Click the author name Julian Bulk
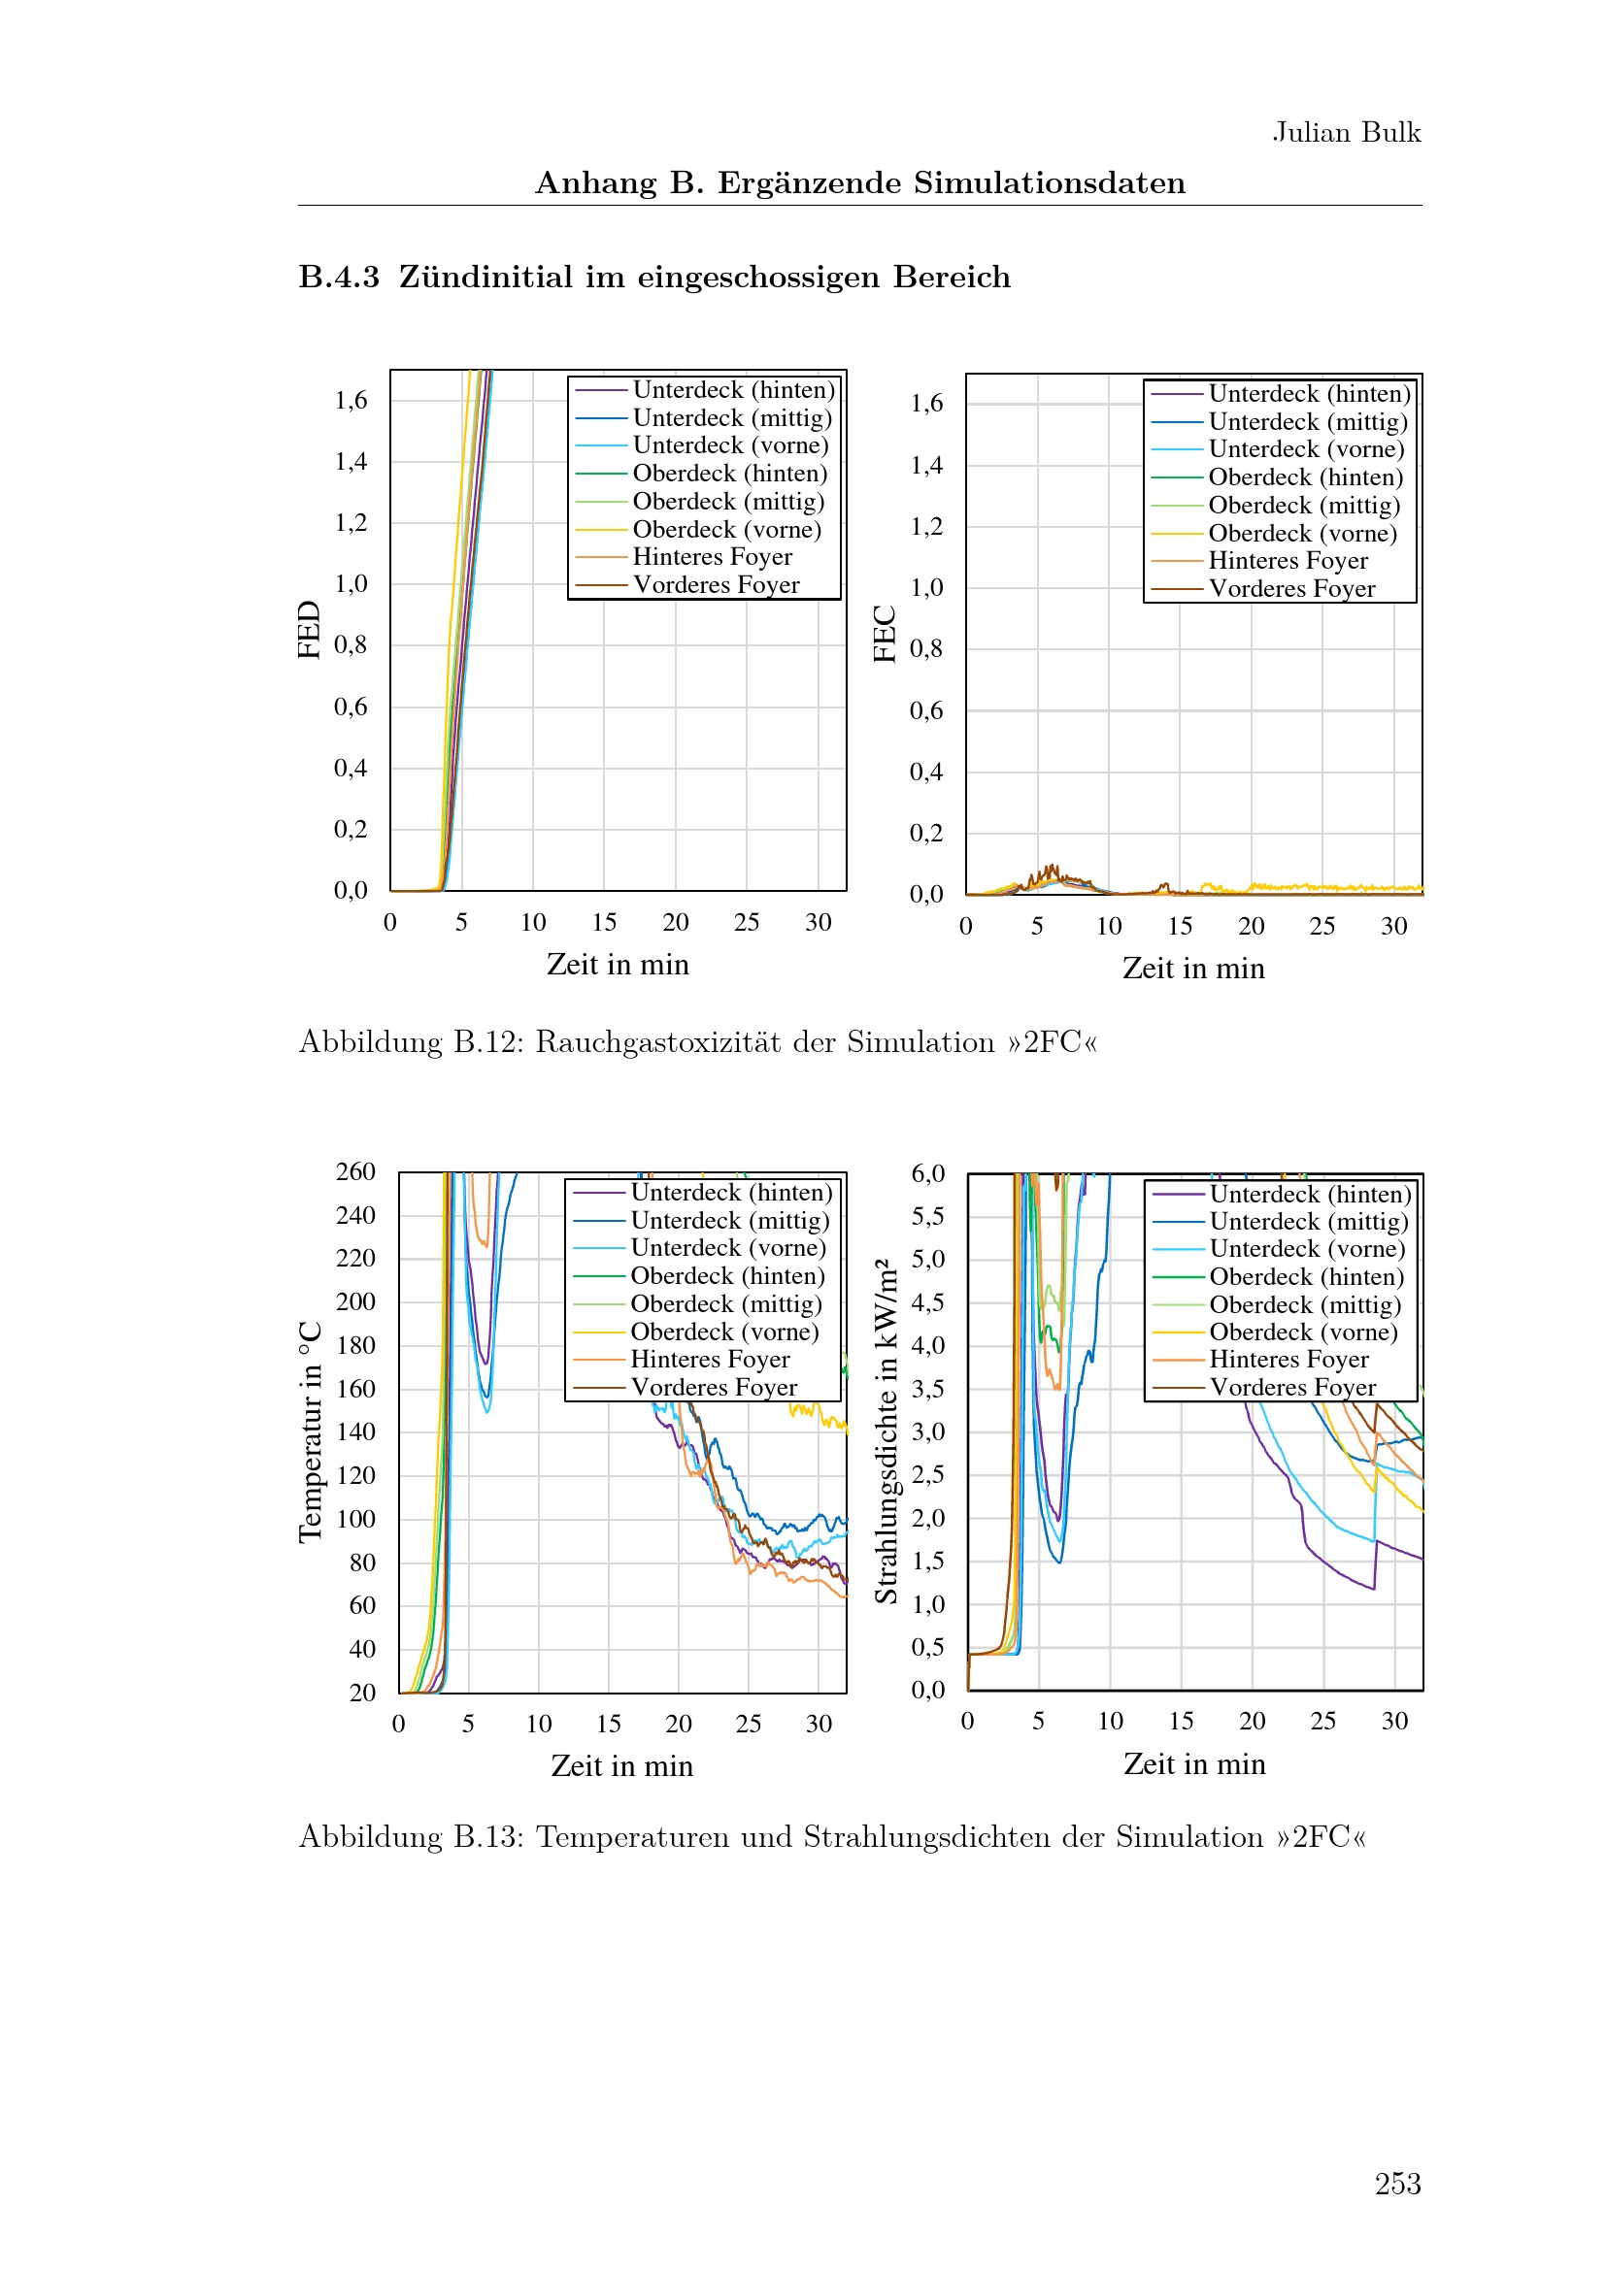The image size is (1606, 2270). click(1346, 133)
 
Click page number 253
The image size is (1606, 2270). click(1397, 2183)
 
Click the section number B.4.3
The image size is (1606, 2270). click(339, 277)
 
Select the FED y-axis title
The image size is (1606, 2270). click(310, 630)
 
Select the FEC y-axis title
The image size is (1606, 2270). click(886, 634)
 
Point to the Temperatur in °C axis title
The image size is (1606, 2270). click(311, 1431)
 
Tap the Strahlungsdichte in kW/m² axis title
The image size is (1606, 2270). click(887, 1431)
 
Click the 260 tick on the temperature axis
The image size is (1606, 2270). click(356, 1171)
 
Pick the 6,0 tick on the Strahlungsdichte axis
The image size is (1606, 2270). click(927, 1173)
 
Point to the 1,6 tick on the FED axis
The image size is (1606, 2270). click(351, 401)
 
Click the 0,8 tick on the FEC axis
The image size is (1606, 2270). click(926, 648)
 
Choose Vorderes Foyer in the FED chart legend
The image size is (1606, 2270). click(716, 585)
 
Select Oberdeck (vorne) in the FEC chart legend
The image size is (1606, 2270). click(1302, 534)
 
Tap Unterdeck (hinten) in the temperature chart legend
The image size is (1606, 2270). click(732, 1193)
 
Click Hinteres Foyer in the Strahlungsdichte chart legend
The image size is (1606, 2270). click(1288, 1360)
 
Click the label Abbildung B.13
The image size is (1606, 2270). click(413, 1837)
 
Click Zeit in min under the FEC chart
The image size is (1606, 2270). click(1193, 968)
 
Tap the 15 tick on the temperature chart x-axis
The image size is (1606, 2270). click(608, 1725)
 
